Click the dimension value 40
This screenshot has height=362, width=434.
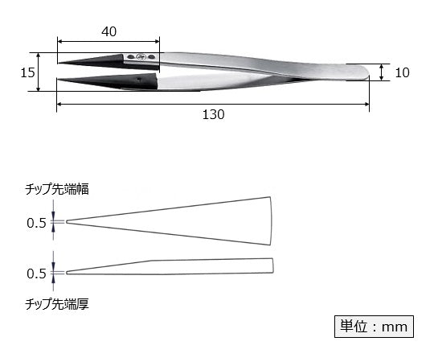pyautogui.click(x=110, y=31)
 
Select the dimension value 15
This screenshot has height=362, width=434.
pyautogui.click(x=27, y=72)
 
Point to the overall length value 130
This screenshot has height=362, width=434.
pyautogui.click(x=213, y=114)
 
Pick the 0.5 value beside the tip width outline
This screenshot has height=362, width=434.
pyautogui.click(x=36, y=222)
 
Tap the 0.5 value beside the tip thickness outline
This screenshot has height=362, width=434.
pyautogui.click(x=36, y=274)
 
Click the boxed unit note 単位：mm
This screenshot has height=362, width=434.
pyautogui.click(x=372, y=327)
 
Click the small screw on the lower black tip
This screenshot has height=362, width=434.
pyautogui.click(x=141, y=79)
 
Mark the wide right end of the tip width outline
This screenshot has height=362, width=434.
pyautogui.click(x=268, y=221)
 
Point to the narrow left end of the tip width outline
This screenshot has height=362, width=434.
pyautogui.click(x=68, y=221)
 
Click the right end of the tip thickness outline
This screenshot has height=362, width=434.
pyautogui.click(x=271, y=265)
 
